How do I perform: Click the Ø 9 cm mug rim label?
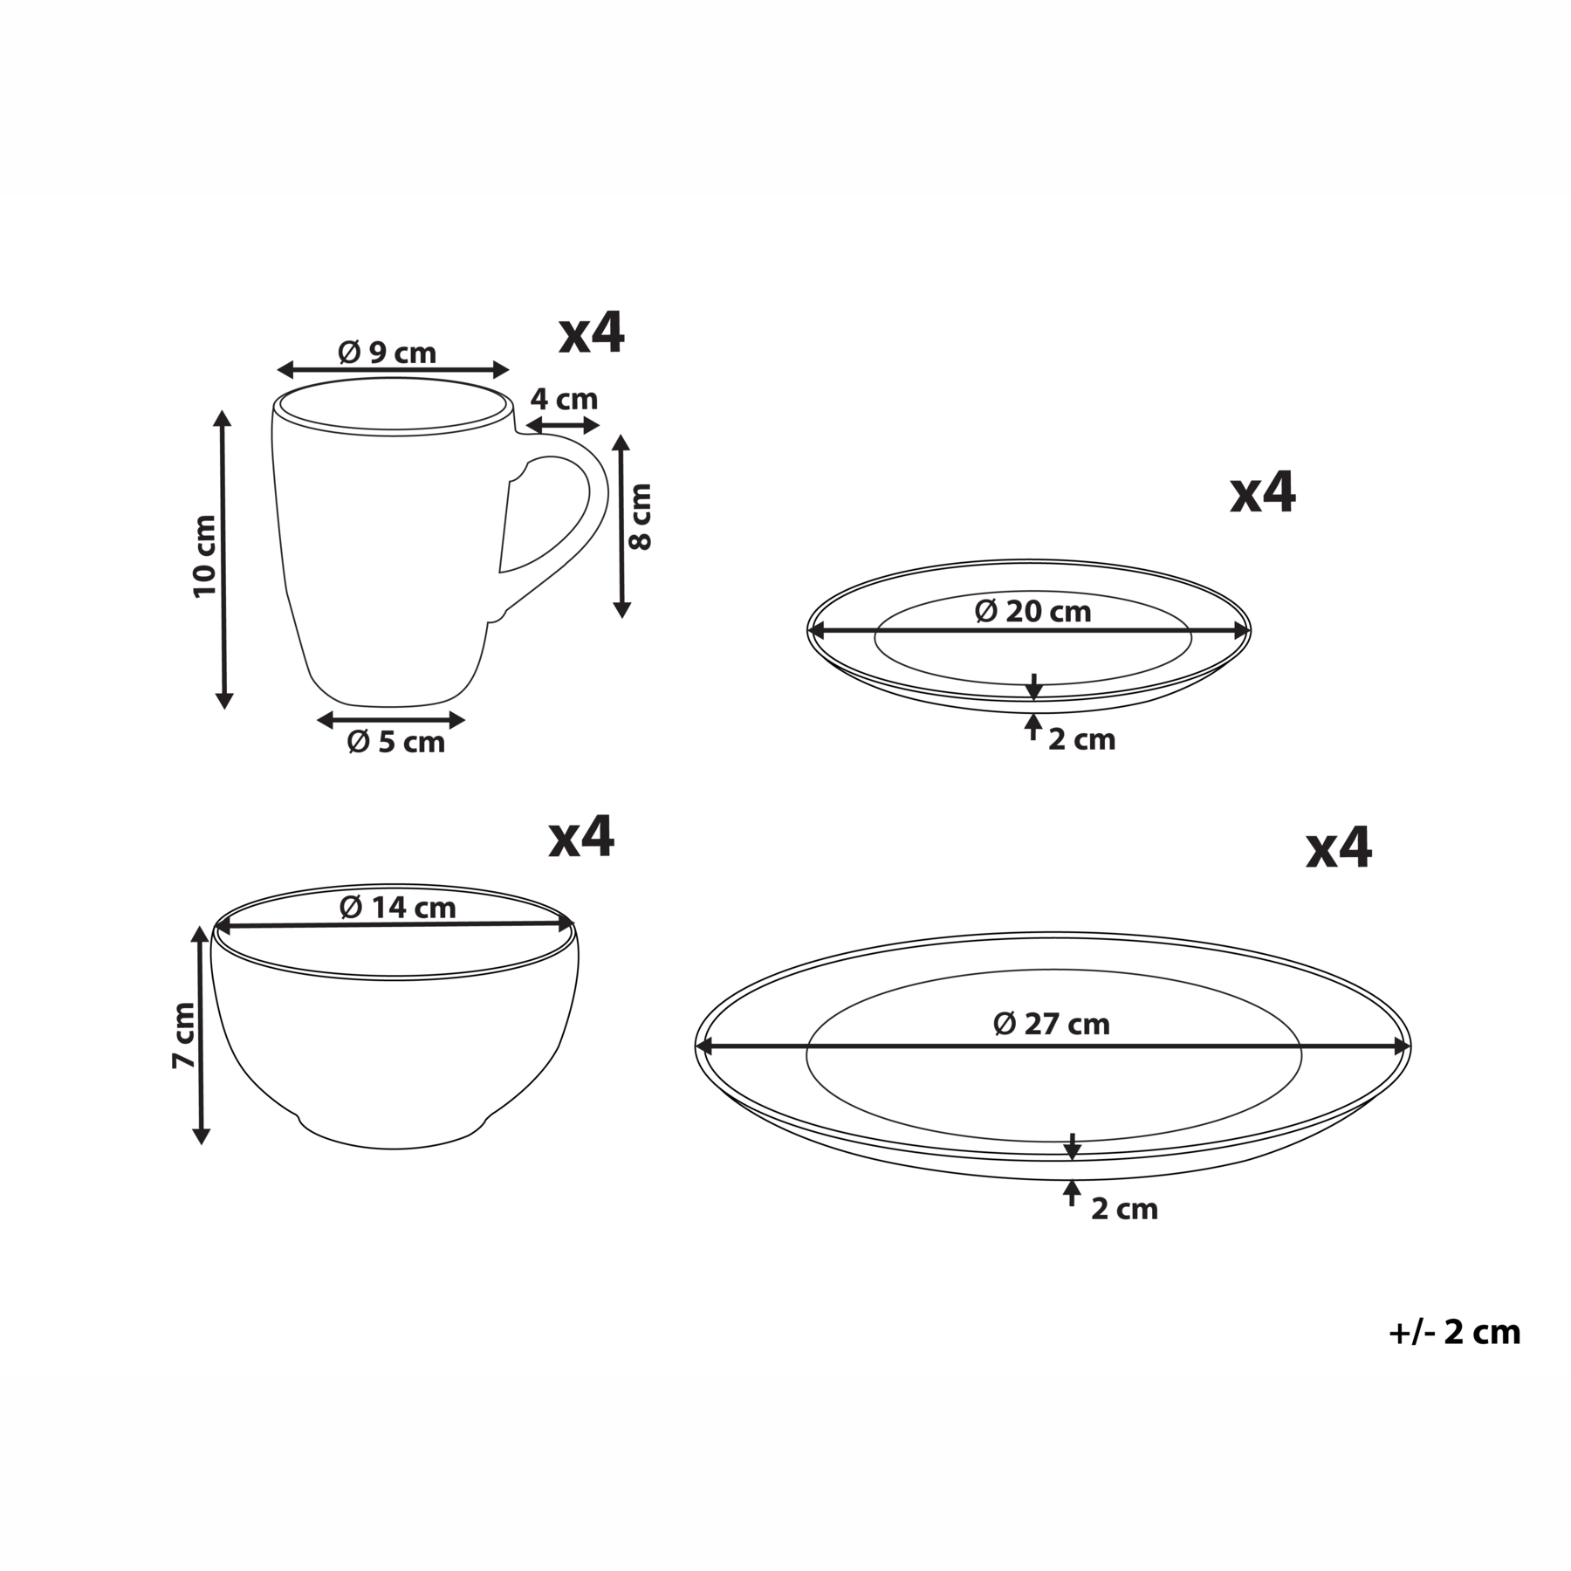388,353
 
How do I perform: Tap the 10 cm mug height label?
204,556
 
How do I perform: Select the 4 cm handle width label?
565,400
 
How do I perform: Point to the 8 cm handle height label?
641,517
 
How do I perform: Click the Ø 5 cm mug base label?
396,742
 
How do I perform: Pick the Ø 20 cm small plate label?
1033,612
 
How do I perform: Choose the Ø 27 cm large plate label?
1053,1024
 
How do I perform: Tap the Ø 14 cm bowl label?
398,908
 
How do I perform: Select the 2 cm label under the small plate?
1082,740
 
